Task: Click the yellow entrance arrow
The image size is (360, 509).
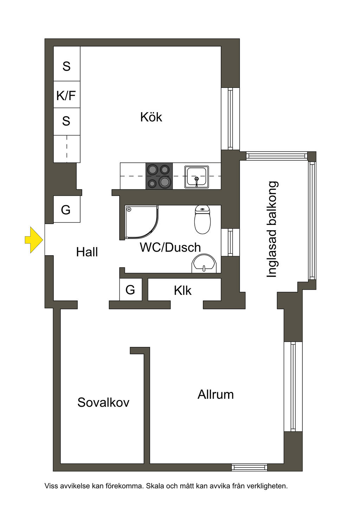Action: pyautogui.click(x=34, y=240)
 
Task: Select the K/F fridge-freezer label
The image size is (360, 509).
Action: pyautogui.click(x=66, y=96)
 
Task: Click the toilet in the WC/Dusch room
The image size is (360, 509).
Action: pyautogui.click(x=202, y=219)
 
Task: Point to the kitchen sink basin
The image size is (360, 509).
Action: pyautogui.click(x=197, y=177)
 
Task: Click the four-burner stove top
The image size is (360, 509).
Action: pyautogui.click(x=159, y=176)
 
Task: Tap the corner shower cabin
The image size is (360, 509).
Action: pyautogui.click(x=141, y=222)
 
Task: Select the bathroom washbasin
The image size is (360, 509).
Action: pyautogui.click(x=204, y=263)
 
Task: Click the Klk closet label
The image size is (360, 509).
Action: pyautogui.click(x=183, y=290)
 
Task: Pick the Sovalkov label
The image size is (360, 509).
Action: pyautogui.click(x=103, y=402)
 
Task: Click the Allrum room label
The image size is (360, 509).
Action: pyautogui.click(x=216, y=394)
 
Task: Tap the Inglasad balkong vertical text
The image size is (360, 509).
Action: pyautogui.click(x=272, y=229)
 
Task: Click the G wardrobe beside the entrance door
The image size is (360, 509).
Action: pyautogui.click(x=66, y=209)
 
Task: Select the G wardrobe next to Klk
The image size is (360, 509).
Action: pyautogui.click(x=131, y=290)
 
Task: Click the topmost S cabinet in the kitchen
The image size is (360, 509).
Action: pyautogui.click(x=66, y=64)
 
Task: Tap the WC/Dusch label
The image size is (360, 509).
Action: pyautogui.click(x=170, y=247)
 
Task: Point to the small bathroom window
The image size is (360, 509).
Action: pyautogui.click(x=230, y=242)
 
